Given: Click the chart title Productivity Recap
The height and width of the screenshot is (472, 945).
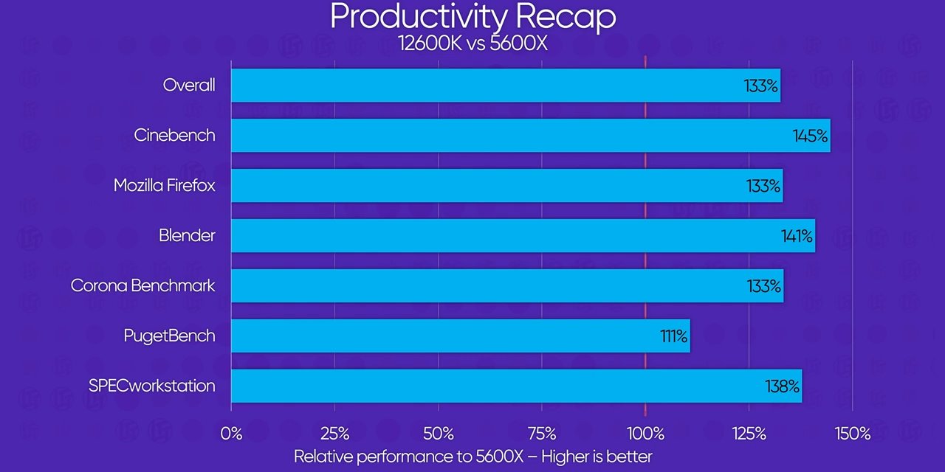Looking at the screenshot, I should [x=472, y=16].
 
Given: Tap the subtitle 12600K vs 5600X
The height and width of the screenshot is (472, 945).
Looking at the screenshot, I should [x=472, y=43].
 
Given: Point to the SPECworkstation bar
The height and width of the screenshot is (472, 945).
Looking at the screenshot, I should [x=516, y=386].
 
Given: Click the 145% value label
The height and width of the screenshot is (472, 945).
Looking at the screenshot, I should [x=811, y=136].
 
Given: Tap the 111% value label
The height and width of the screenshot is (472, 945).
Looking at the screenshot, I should [x=673, y=337].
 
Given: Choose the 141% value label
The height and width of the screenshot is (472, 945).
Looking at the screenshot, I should [x=797, y=237].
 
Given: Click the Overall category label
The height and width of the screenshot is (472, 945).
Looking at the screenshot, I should [x=189, y=86].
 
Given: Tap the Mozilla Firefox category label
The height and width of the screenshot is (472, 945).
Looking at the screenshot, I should [x=165, y=186].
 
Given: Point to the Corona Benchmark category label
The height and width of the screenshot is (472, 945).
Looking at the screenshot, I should [x=143, y=286].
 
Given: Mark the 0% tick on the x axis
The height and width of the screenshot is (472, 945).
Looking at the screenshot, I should [x=231, y=434].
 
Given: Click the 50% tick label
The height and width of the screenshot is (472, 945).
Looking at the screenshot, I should [x=438, y=434].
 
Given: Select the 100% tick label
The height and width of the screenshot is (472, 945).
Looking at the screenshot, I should [x=645, y=434].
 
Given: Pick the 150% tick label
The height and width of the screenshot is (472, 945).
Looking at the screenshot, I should [x=853, y=434].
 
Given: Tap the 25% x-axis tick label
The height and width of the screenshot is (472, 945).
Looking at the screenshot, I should [x=334, y=434].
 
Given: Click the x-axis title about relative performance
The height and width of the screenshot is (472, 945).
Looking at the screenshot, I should [x=472, y=457].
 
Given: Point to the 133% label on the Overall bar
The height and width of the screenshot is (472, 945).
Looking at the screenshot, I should [x=760, y=86].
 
